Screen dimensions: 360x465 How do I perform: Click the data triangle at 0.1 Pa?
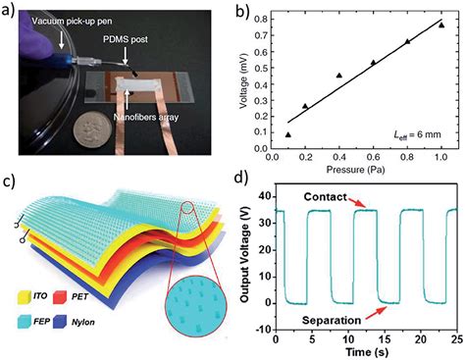[288, 134]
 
